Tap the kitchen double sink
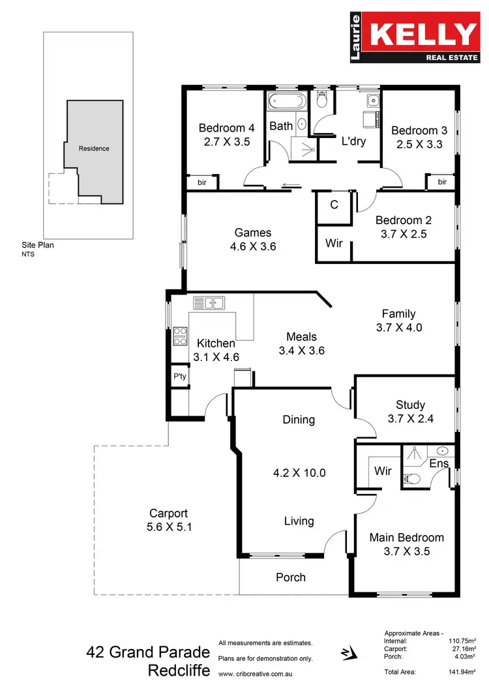[209, 303]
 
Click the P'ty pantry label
[180, 377]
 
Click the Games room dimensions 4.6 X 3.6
[253, 246]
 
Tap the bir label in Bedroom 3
[442, 182]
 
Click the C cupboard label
[334, 205]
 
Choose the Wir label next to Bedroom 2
[334, 243]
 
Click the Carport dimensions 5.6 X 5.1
[169, 526]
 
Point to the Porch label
[290, 577]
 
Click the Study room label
[410, 405]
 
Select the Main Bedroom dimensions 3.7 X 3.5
[406, 551]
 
